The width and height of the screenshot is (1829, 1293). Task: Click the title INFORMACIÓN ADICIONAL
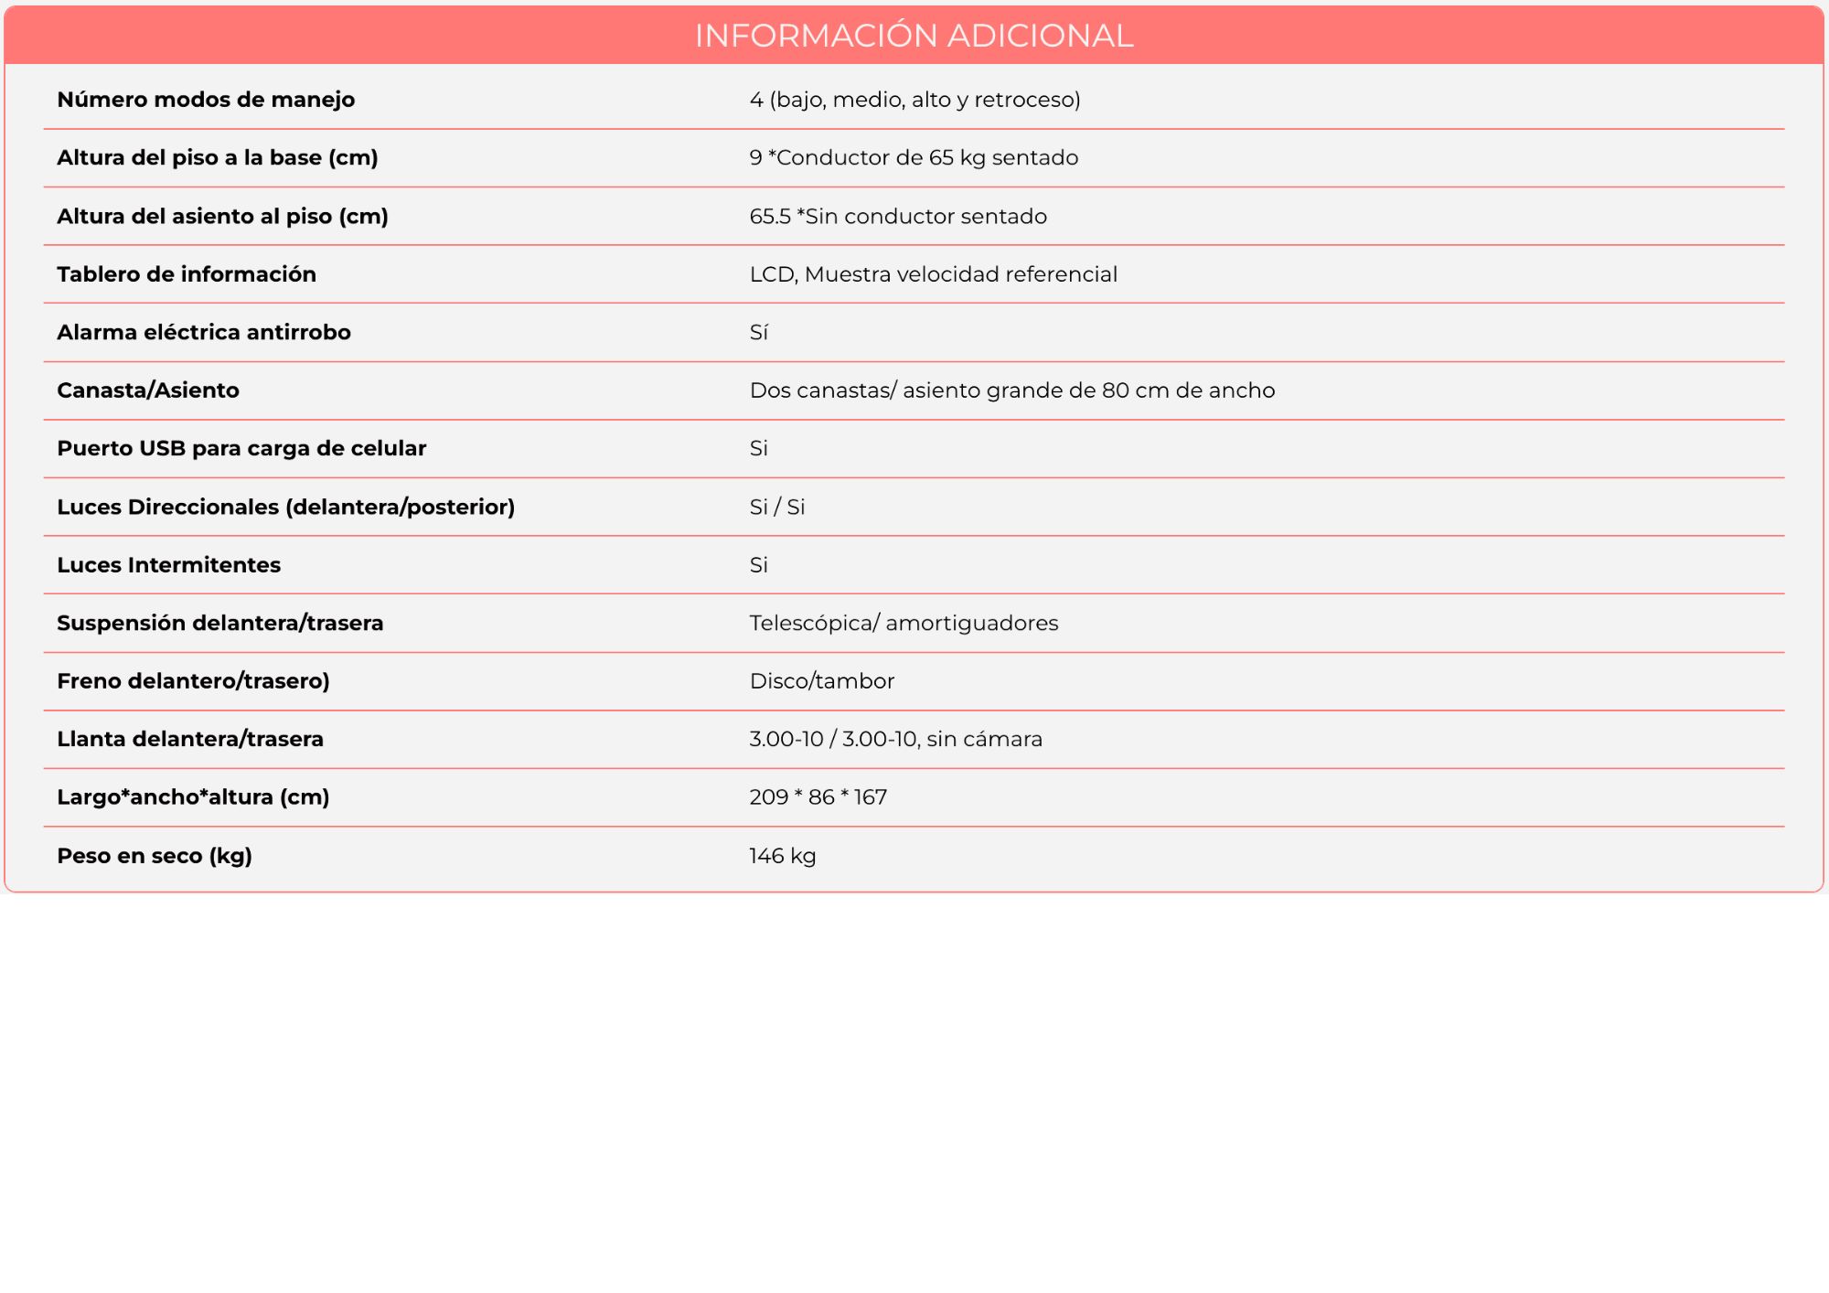914,36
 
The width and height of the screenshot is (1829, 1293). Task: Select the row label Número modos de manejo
206,100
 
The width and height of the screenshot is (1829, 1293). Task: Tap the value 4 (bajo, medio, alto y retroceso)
914,100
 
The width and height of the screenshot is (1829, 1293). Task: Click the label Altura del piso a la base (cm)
218,158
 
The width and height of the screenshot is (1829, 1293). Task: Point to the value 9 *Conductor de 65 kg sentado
914,158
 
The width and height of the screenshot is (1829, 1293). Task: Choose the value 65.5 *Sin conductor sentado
898,217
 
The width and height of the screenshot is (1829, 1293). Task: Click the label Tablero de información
187,274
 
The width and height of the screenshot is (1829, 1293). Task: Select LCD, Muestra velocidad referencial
933,274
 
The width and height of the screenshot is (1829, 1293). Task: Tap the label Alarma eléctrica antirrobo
204,333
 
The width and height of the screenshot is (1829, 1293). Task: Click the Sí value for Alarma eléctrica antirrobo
758,333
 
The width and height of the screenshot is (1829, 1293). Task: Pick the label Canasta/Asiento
148,390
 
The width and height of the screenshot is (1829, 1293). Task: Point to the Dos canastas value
1011,390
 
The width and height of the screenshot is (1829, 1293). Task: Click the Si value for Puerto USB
758,449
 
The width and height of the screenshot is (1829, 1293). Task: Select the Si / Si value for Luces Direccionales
776,508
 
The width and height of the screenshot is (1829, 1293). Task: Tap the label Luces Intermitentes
169,565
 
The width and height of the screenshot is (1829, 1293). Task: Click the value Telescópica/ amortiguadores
904,624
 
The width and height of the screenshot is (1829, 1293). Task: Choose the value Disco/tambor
821,681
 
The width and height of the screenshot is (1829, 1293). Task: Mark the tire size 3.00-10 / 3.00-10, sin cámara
895,739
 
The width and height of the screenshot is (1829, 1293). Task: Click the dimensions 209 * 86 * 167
818,797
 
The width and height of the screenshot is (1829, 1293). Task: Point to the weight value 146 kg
782,856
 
